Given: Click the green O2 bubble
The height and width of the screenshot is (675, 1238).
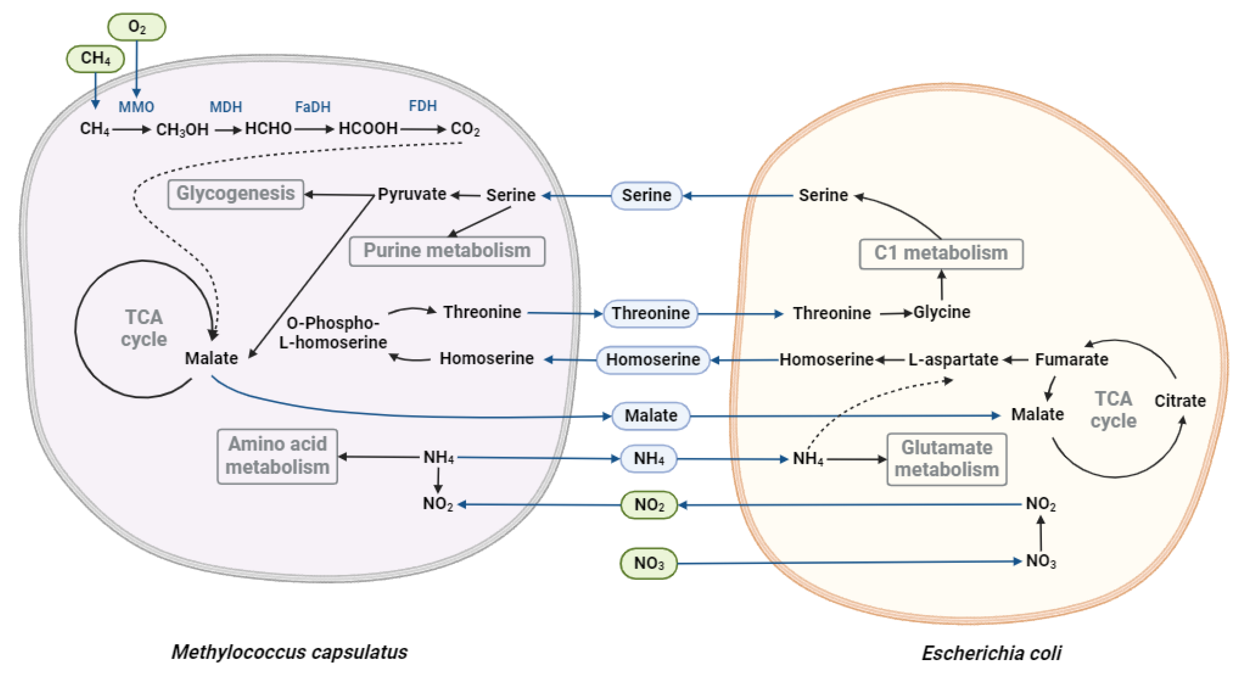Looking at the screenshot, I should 137,27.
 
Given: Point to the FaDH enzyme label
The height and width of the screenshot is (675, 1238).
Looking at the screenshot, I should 313,107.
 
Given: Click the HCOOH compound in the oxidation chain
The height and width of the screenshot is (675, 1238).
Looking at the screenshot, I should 368,129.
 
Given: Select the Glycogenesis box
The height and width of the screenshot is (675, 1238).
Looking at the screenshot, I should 235,194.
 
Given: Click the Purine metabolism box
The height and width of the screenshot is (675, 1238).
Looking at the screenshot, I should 447,251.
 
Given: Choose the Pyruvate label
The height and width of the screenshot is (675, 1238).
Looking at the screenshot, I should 412,194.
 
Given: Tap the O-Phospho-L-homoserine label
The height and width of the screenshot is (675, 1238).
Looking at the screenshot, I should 333,333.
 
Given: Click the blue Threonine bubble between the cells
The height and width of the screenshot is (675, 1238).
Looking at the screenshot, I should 650,313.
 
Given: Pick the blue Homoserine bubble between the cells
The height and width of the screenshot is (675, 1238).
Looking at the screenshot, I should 653,360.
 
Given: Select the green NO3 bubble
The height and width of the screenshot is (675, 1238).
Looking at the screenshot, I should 648,563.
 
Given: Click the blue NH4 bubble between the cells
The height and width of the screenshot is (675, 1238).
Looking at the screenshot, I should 648,459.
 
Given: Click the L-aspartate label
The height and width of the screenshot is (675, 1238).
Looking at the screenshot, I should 953,360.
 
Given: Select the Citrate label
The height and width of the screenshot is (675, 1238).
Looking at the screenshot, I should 1180,401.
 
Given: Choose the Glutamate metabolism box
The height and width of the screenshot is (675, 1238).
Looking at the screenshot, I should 946,459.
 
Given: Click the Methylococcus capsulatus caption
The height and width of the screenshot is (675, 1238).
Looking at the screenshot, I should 289,652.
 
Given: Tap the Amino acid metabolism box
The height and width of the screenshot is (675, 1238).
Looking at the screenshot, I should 277,456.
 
